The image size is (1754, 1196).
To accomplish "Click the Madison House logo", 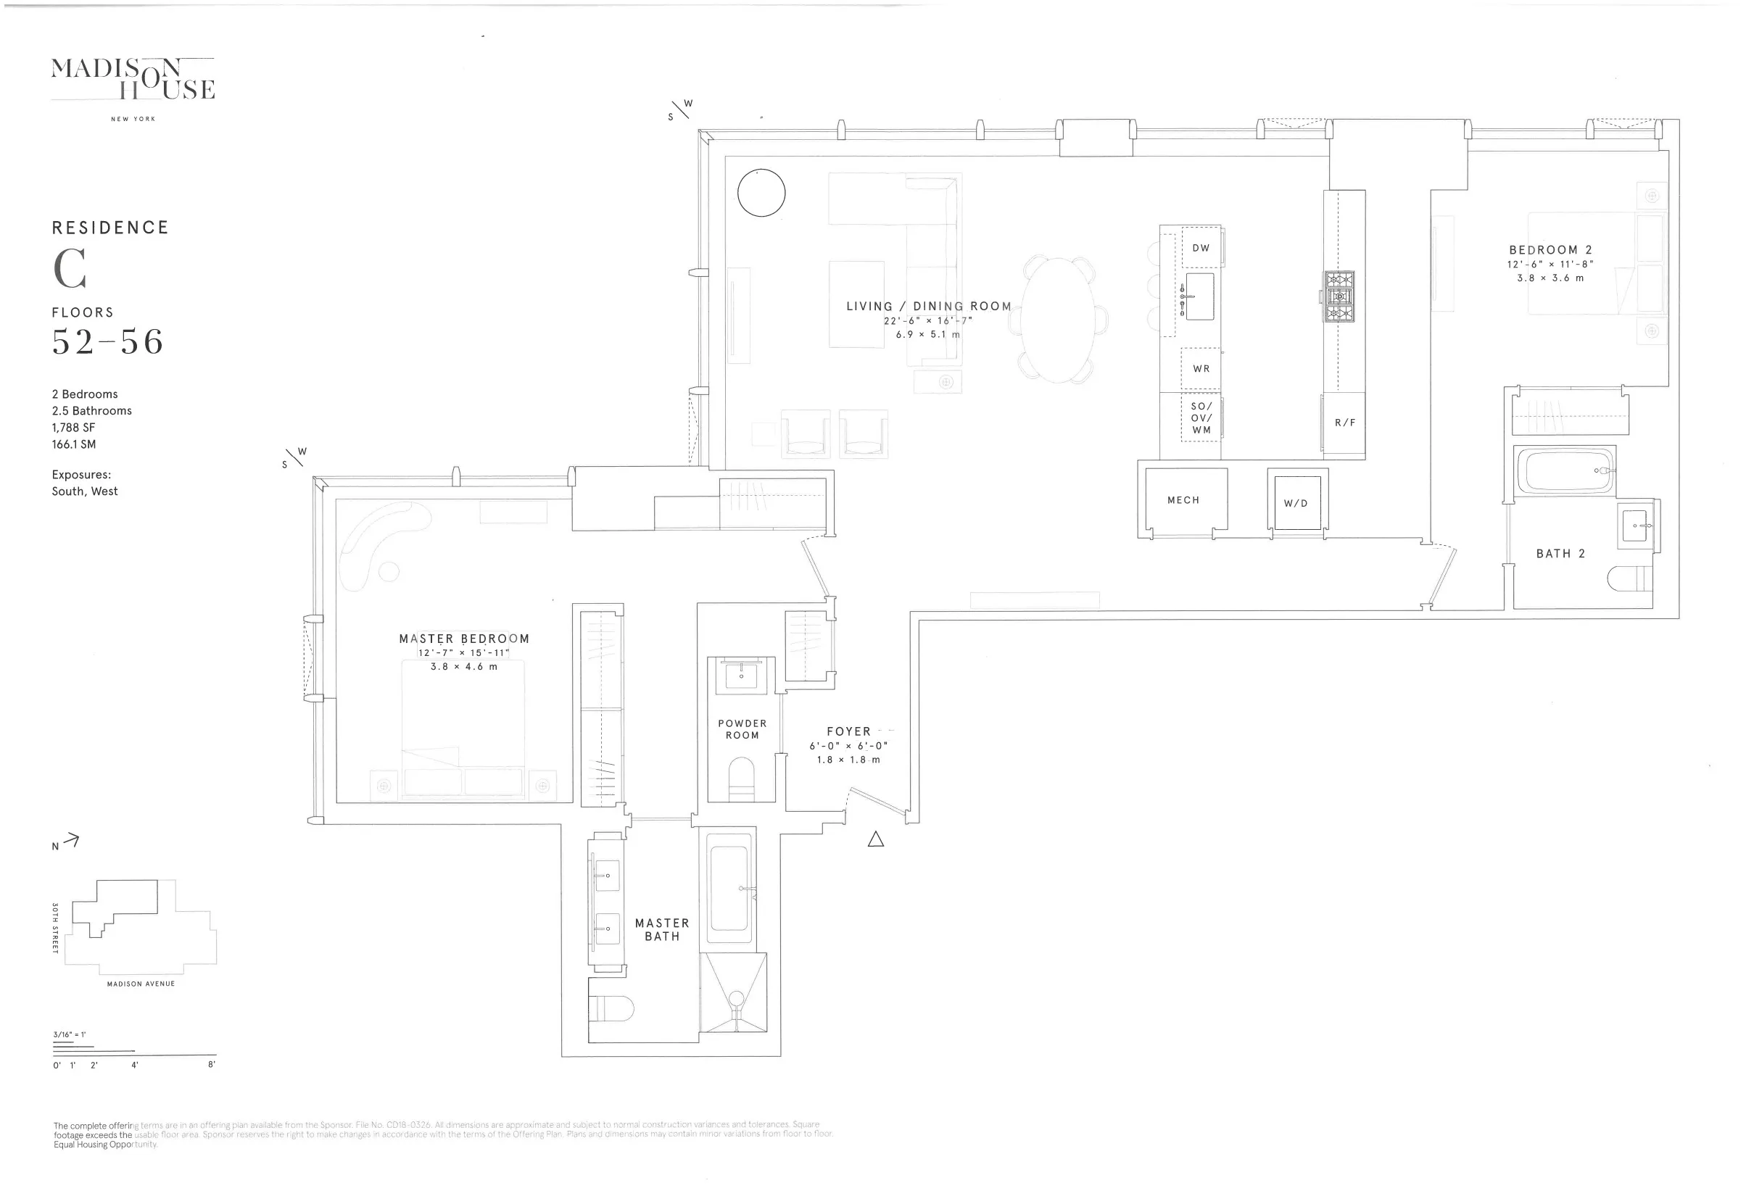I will pyautogui.click(x=133, y=79).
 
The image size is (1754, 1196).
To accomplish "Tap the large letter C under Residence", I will pyautogui.click(x=70, y=269).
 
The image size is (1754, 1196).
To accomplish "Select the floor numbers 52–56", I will pyautogui.click(x=107, y=342).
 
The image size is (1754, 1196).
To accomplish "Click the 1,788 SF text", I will pyautogui.click(x=73, y=427).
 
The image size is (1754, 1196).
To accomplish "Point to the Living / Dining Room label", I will pyautogui.click(x=928, y=307).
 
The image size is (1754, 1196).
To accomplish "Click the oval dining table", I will pyautogui.click(x=1058, y=320).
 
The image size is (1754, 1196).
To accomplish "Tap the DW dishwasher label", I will pyautogui.click(x=1201, y=247).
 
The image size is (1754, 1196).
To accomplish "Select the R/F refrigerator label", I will pyautogui.click(x=1345, y=423).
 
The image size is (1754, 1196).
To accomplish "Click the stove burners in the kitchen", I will pyautogui.click(x=1340, y=296).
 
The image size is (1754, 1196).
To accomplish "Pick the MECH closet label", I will pyautogui.click(x=1183, y=500).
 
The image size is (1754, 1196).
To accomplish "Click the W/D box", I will pyautogui.click(x=1296, y=502).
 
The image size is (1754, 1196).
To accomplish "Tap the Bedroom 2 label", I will pyautogui.click(x=1550, y=250).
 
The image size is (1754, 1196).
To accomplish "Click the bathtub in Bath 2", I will pyautogui.click(x=1563, y=471).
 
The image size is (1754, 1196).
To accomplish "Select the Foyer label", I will pyautogui.click(x=848, y=731).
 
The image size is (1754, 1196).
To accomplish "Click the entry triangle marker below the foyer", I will pyautogui.click(x=875, y=839).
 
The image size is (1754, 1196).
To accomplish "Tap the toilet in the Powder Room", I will pyautogui.click(x=741, y=778).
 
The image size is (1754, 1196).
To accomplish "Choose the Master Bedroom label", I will pyautogui.click(x=464, y=639).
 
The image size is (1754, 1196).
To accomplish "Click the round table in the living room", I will pyautogui.click(x=761, y=192).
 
